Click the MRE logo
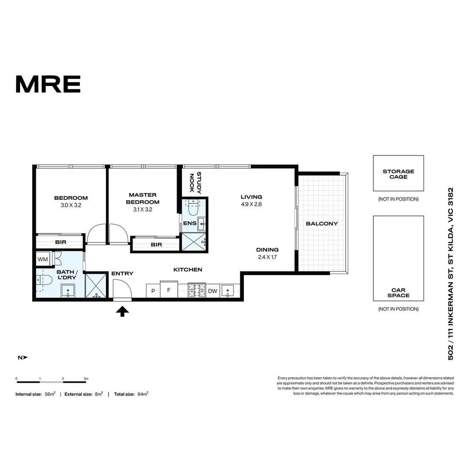click(48, 84)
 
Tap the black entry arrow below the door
click(123, 311)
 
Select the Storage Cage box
click(398, 173)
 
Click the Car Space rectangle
click(398, 258)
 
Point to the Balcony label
click(322, 224)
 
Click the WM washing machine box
click(43, 259)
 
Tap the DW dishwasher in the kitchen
click(212, 291)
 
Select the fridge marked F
click(168, 290)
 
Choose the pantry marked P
click(153, 291)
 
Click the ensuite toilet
click(192, 209)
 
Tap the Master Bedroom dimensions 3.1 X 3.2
click(143, 209)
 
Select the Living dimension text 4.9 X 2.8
click(251, 204)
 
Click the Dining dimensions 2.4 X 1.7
click(267, 257)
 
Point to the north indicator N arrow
click(22, 358)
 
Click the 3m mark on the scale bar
click(85, 382)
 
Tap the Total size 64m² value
click(141, 394)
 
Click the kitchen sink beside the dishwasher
click(228, 290)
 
